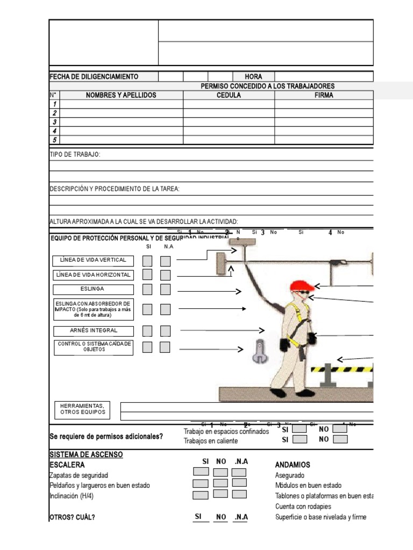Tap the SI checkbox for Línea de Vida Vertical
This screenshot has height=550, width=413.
point(147,261)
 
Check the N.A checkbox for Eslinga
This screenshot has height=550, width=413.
point(165,290)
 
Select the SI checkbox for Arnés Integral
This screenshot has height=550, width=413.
point(147,331)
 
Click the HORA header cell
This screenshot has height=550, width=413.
point(253,77)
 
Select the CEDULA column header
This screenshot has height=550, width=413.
point(229,95)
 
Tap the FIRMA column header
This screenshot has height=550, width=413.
point(324,95)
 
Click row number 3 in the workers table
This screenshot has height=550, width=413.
point(54,122)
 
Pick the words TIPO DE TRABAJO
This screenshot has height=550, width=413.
point(75,155)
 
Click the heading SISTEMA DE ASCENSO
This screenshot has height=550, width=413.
point(86,454)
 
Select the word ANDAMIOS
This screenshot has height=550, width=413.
point(293,465)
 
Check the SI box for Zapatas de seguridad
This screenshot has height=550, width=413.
point(201,472)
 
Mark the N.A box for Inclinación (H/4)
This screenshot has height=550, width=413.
point(239,494)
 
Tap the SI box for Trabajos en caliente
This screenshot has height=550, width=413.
point(300,439)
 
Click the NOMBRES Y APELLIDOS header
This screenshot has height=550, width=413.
point(121,95)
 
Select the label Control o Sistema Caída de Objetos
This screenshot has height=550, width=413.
point(94,347)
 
